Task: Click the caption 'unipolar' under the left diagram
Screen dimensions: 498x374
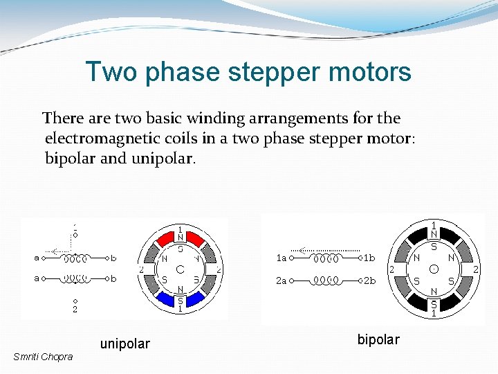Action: [x=124, y=344]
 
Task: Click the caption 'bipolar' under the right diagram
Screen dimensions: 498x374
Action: [x=378, y=339]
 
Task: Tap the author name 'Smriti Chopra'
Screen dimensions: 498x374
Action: [x=42, y=357]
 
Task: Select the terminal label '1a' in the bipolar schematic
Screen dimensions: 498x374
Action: [x=281, y=258]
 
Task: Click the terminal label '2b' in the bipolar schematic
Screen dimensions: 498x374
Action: [x=369, y=280]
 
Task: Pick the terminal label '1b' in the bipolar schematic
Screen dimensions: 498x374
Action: [x=369, y=258]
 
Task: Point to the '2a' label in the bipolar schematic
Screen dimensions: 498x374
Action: [x=281, y=280]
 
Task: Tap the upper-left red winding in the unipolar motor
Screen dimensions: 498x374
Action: [x=163, y=240]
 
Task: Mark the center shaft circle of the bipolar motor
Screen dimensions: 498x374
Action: [x=433, y=269]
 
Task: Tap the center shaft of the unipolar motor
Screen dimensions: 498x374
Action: [x=180, y=269]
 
